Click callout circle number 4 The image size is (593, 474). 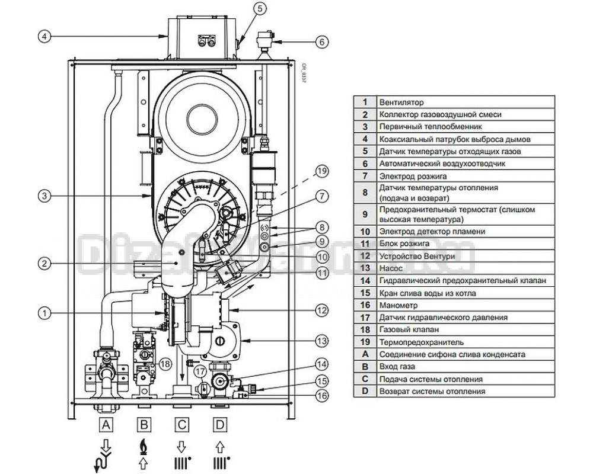44,37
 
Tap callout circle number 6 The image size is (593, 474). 322,41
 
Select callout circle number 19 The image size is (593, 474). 322,171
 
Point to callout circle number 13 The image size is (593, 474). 322,341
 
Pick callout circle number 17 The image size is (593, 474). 201,372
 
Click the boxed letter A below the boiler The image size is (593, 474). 106,425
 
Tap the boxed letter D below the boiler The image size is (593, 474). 220,425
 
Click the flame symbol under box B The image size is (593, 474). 144,447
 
